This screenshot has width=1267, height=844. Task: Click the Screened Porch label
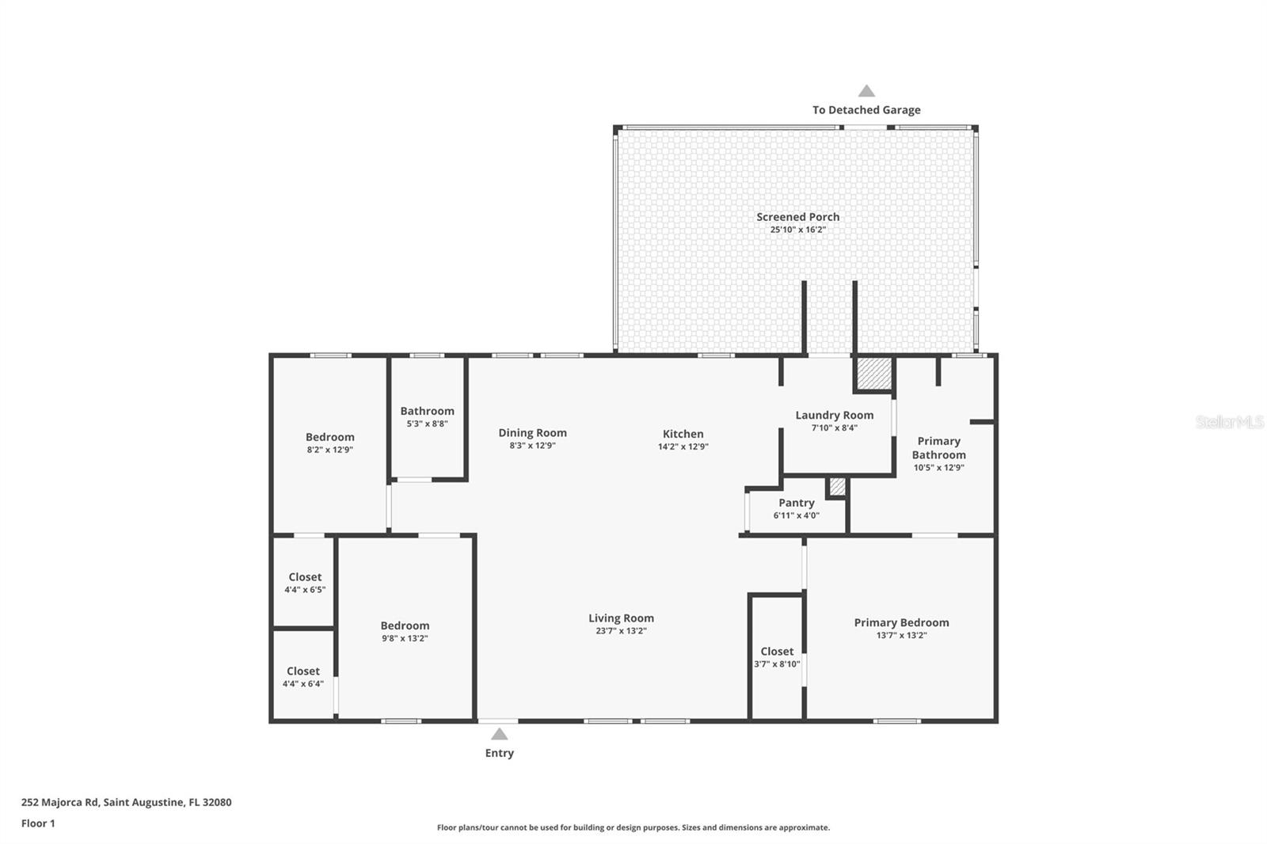[x=797, y=217]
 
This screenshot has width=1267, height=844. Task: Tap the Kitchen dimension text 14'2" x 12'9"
[x=683, y=447]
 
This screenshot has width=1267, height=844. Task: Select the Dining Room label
[x=532, y=433]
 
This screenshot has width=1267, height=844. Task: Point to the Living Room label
[x=621, y=618]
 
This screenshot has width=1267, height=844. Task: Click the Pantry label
[x=797, y=503]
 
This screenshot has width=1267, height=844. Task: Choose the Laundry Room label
[x=835, y=415]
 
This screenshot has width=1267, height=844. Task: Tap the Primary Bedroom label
[x=902, y=623]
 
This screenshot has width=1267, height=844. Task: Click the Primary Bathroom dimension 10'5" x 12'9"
[x=938, y=468]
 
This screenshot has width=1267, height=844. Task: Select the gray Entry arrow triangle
[x=499, y=734]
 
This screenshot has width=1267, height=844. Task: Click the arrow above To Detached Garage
[x=866, y=91]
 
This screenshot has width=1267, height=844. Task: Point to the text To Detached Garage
[x=866, y=110]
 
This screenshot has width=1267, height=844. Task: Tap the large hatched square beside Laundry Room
[x=874, y=374]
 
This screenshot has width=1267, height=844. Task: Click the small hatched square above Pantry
[x=837, y=486]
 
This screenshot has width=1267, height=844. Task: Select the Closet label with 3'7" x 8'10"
[x=777, y=652]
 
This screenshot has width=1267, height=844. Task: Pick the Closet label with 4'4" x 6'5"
[x=305, y=577]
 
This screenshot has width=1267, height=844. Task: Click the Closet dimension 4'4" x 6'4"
[x=303, y=684]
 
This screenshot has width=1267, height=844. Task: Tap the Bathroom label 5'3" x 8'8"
[x=427, y=411]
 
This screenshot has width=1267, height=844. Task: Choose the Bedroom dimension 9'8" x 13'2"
[x=405, y=639]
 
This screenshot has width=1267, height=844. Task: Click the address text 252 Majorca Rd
[x=60, y=802]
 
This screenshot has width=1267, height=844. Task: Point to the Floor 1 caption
[x=38, y=823]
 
